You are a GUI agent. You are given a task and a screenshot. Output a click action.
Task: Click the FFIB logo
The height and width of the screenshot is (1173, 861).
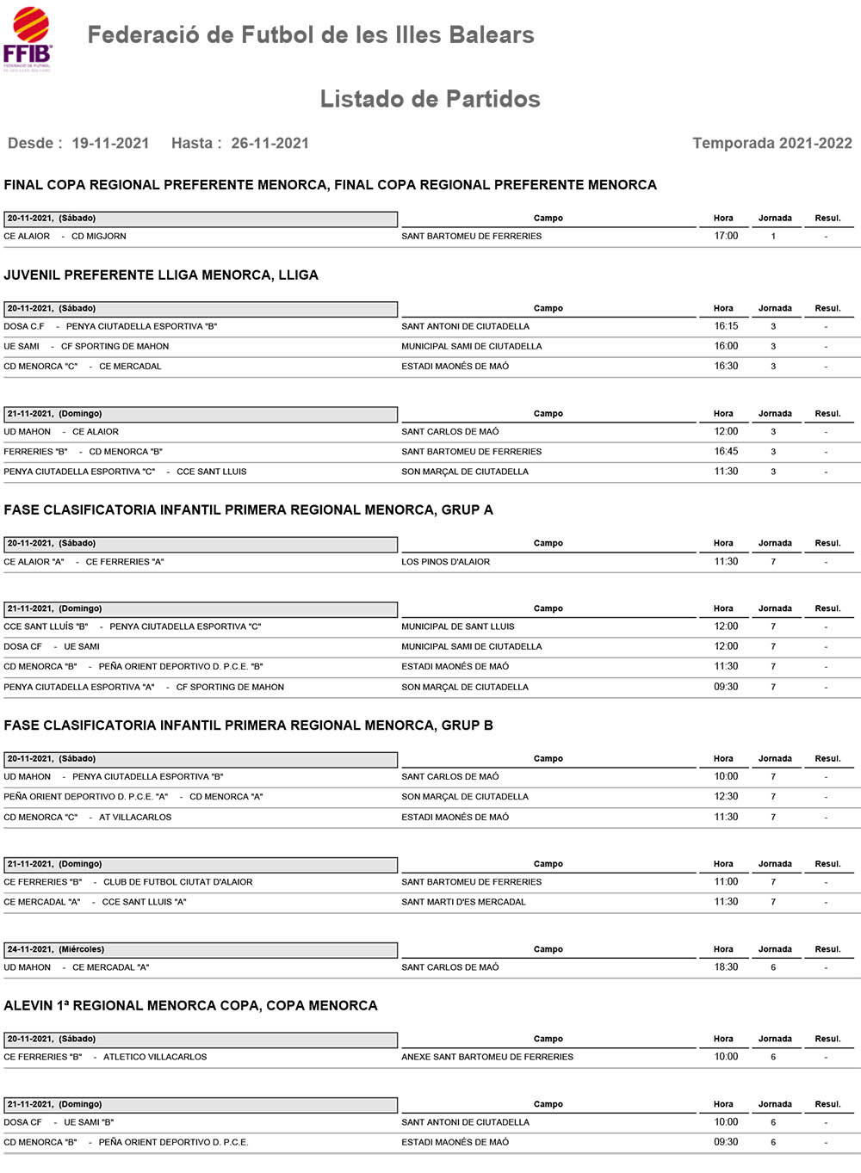coord(28,39)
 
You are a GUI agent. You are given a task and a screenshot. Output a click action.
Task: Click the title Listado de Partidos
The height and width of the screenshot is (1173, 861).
coord(430,99)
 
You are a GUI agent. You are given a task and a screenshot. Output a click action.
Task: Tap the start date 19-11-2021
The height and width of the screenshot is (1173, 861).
coord(110,143)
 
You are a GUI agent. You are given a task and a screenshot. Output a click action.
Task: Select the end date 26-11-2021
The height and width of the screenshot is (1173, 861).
coord(269,143)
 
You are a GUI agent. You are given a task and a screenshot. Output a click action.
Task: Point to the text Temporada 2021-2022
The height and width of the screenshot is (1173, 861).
coord(771,143)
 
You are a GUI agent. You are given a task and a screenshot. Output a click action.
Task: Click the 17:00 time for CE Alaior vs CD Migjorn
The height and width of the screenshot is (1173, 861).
coord(725,236)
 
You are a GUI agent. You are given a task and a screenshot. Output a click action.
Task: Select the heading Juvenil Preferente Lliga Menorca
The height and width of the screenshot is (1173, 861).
coord(161,275)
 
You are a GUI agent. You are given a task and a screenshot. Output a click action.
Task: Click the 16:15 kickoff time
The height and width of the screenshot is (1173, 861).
coord(725,326)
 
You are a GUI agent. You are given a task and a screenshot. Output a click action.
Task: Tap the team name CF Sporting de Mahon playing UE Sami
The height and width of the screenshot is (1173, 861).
coord(115,346)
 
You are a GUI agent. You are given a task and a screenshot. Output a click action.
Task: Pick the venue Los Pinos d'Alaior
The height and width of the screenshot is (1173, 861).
coord(445,562)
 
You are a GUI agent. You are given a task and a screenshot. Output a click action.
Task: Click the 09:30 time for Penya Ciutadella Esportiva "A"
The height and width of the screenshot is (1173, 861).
coord(725,687)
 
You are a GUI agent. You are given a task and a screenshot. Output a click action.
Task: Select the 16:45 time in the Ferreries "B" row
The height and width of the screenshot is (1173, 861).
coord(725,452)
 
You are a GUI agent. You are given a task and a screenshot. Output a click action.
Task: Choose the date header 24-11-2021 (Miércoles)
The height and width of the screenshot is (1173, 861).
coord(56,949)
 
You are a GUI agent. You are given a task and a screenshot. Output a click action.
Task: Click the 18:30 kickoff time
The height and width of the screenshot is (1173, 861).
coord(725,967)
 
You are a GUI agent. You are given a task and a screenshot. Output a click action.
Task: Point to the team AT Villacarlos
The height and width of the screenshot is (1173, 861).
coord(135,817)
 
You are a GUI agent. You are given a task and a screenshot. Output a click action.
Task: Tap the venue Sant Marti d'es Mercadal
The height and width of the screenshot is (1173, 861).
coord(463,902)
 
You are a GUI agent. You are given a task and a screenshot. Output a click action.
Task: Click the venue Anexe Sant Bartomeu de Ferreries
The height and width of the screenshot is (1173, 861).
coord(486,1057)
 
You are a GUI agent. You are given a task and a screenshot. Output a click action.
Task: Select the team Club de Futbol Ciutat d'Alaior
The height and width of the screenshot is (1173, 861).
coord(178,882)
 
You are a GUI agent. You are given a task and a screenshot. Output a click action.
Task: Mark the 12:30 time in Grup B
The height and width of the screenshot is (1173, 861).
coord(725,797)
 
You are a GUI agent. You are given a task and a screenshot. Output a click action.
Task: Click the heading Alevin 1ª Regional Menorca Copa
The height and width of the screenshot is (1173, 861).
coord(190,1005)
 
